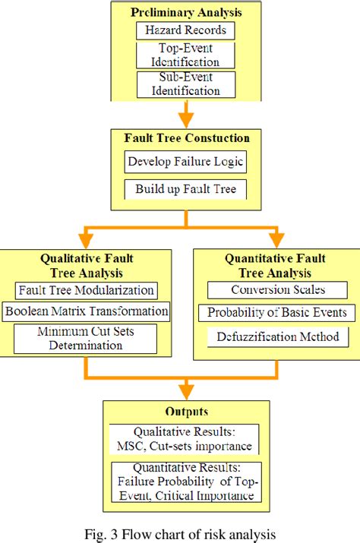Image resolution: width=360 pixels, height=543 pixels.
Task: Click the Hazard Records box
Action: pyautogui.click(x=185, y=31)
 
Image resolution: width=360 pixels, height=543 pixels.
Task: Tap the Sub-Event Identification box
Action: pyautogui.click(x=185, y=83)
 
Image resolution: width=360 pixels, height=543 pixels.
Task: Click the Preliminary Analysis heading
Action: pyautogui.click(x=185, y=13)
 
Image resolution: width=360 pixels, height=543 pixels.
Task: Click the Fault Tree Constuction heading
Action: pyautogui.click(x=185, y=138)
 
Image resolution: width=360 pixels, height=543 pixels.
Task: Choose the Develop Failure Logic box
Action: pyautogui.click(x=185, y=161)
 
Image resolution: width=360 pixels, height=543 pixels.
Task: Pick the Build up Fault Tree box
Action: pyautogui.click(x=185, y=188)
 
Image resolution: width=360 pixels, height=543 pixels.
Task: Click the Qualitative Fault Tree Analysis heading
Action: pyautogui.click(x=86, y=264)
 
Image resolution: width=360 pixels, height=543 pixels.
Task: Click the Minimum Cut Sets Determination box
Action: pyautogui.click(x=86, y=338)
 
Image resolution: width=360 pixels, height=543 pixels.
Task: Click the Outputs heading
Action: pyautogui.click(x=185, y=413)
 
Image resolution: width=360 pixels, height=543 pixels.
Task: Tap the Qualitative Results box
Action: pyautogui.click(x=185, y=440)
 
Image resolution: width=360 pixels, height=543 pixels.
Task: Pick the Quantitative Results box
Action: pyautogui.click(x=185, y=480)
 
